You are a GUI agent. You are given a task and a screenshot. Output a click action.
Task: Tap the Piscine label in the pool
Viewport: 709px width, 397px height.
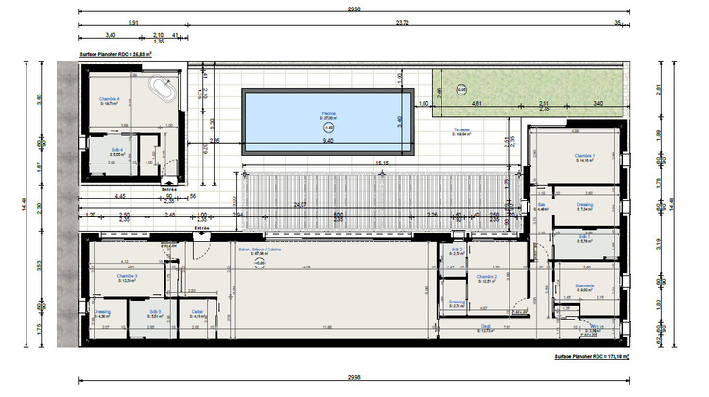pos(328,113)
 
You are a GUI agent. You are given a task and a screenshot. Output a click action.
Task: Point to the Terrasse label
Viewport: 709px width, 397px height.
pos(462,130)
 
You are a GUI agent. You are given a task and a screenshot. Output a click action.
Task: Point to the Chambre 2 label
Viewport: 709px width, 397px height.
pos(487,276)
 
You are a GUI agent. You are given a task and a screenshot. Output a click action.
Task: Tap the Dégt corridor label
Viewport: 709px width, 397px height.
pos(485,327)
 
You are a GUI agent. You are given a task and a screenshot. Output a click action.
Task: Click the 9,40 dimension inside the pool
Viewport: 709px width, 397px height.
pos(328,140)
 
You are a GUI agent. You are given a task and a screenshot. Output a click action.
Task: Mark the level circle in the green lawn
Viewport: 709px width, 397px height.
pos(460,90)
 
